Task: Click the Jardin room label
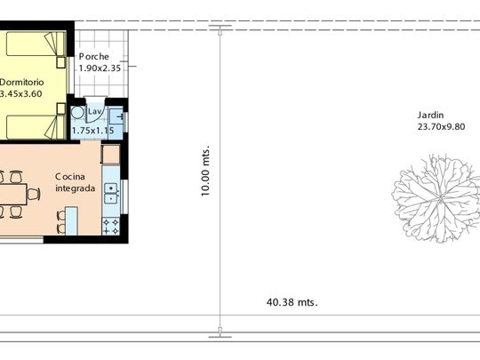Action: [x=430, y=116]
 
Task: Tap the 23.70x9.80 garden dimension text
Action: [x=441, y=127]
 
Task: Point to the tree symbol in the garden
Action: [x=437, y=199]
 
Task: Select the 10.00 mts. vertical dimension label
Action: [x=205, y=170]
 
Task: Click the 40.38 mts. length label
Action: [x=292, y=302]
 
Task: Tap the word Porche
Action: [x=94, y=57]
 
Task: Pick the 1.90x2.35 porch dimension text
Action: [x=100, y=68]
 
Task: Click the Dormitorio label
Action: [x=21, y=83]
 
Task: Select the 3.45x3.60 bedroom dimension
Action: [x=20, y=93]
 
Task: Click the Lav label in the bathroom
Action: [x=94, y=112]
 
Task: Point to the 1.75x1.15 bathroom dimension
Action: [x=92, y=131]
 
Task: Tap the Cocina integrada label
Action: [x=75, y=182]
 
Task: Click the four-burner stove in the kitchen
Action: [x=111, y=227]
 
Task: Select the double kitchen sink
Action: [x=111, y=194]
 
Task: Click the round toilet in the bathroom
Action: [x=77, y=113]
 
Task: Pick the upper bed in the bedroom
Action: [x=36, y=44]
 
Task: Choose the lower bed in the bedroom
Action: [x=36, y=127]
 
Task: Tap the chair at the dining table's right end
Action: [x=34, y=194]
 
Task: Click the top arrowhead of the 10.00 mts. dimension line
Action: [x=220, y=31]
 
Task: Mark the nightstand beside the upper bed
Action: [x=61, y=62]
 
